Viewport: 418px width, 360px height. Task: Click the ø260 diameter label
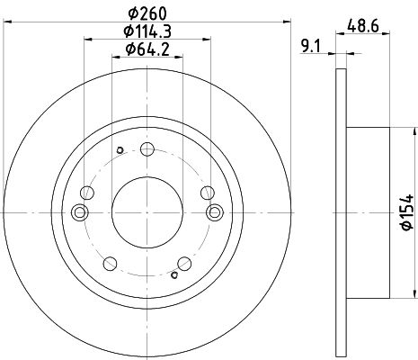(x=147, y=13)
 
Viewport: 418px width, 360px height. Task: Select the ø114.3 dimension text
(x=147, y=31)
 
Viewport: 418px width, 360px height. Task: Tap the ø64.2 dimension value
(x=147, y=49)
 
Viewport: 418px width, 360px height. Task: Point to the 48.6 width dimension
(x=363, y=26)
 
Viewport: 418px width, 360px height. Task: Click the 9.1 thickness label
(x=311, y=47)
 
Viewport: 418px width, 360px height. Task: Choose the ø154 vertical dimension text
(x=407, y=212)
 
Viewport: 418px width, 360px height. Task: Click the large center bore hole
(x=147, y=212)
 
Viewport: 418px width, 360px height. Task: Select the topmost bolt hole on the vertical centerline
(x=147, y=149)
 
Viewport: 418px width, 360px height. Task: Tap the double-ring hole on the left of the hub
(x=80, y=212)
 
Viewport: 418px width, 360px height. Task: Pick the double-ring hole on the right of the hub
(x=215, y=212)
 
